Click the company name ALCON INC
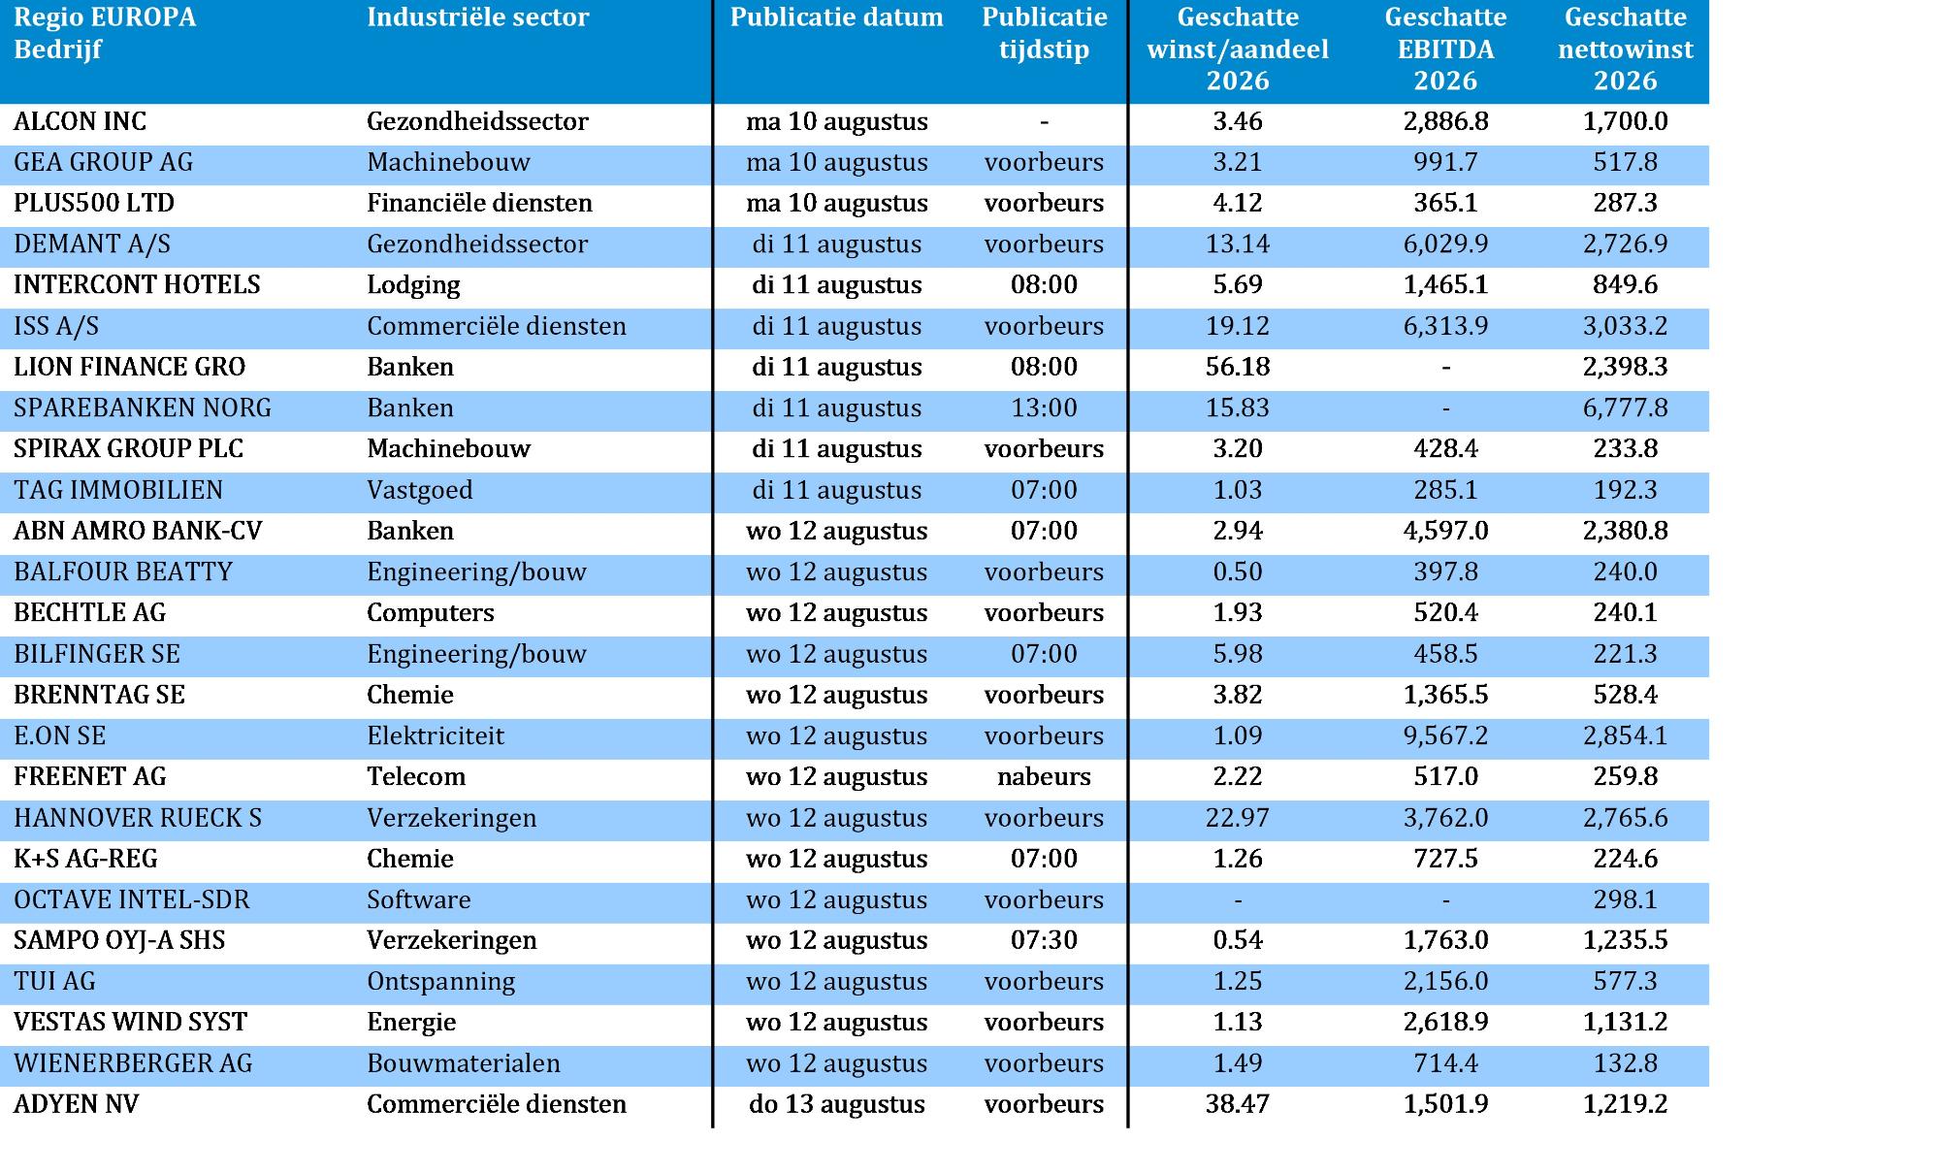(x=81, y=121)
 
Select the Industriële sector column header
(x=478, y=17)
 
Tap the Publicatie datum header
(x=837, y=17)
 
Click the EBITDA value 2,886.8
(x=1445, y=121)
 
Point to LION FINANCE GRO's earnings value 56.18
(x=1238, y=367)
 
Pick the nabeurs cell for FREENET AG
(x=1044, y=776)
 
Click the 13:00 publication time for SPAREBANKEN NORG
(x=1044, y=408)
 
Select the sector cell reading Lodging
(x=413, y=285)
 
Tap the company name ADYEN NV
(x=76, y=1104)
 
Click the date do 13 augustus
(x=837, y=1104)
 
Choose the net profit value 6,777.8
(x=1626, y=408)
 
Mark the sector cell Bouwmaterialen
(x=464, y=1063)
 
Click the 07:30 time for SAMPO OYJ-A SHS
(x=1044, y=940)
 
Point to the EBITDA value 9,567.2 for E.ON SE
(x=1445, y=735)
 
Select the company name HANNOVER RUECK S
(x=138, y=818)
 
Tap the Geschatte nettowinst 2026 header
(x=1626, y=49)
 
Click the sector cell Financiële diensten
(x=479, y=203)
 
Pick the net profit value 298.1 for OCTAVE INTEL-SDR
(x=1626, y=899)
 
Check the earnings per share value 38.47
(x=1238, y=1104)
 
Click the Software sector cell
(x=419, y=899)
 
